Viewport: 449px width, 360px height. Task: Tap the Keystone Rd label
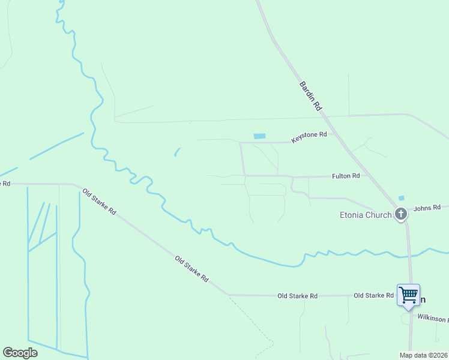pos(309,137)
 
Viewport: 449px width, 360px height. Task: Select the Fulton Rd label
pos(346,176)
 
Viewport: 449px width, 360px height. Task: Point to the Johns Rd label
pos(427,208)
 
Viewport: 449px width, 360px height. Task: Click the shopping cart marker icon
pos(408,295)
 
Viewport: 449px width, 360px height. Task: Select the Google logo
pos(20,353)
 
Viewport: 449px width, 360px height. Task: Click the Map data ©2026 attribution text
pos(423,355)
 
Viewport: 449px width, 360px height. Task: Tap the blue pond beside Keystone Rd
pos(259,136)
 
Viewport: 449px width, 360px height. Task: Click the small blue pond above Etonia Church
pos(401,198)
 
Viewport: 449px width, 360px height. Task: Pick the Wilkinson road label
pos(433,317)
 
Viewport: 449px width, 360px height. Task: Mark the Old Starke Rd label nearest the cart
pos(373,295)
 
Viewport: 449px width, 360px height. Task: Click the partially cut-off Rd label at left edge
pos(5,183)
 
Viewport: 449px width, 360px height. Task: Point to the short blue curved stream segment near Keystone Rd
pos(176,152)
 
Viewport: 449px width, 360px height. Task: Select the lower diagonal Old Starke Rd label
pos(191,269)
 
